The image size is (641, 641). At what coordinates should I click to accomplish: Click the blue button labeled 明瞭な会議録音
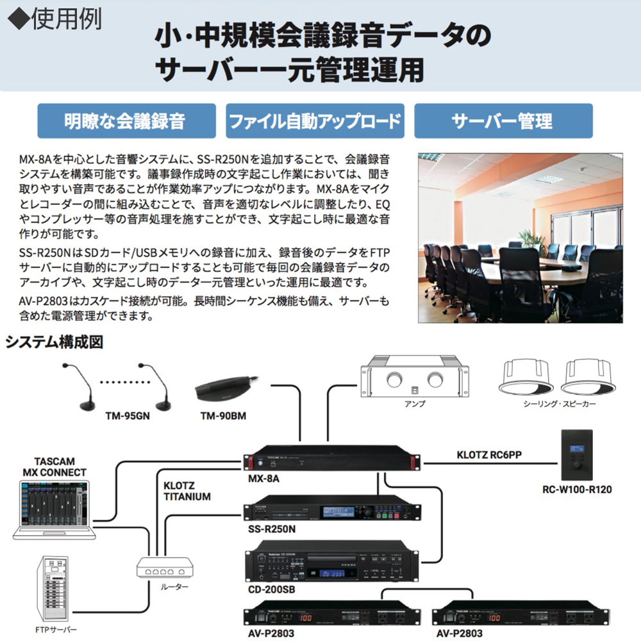pyautogui.click(x=124, y=121)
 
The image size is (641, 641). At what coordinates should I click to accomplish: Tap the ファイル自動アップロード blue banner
pyautogui.click(x=315, y=121)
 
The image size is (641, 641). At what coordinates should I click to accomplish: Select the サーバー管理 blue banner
pyautogui.click(x=503, y=121)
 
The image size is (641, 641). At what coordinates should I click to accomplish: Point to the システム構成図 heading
pyautogui.click(x=54, y=342)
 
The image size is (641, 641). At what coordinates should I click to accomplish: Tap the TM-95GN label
pyautogui.click(x=126, y=416)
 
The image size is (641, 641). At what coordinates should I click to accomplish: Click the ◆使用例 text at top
pyautogui.click(x=54, y=19)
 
